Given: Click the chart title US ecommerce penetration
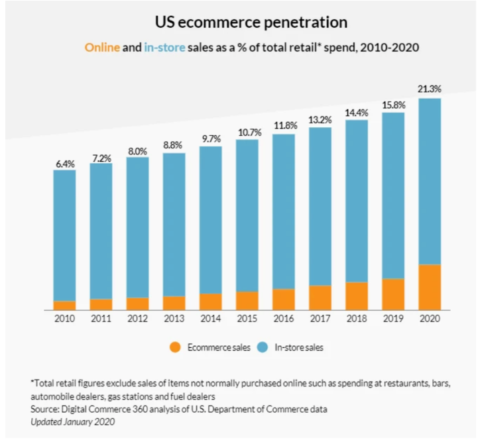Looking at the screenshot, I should tap(251, 23).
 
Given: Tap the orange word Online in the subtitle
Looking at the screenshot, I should tap(101, 48).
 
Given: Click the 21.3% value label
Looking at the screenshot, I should tap(430, 88).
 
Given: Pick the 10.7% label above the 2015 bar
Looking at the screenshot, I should tap(247, 133).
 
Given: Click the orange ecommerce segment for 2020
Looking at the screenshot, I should tap(430, 287).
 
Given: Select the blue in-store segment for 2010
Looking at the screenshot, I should tap(64, 235).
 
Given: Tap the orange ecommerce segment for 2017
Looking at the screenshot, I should tap(320, 298).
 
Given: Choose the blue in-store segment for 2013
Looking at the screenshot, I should tap(174, 225).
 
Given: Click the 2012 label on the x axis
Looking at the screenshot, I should tap(137, 318).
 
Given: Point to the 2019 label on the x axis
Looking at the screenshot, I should tap(393, 318).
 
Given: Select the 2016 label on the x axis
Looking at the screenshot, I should tap(284, 318).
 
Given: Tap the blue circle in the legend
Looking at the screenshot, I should tap(263, 347).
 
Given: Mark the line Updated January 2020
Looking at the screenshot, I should tap(72, 421).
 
